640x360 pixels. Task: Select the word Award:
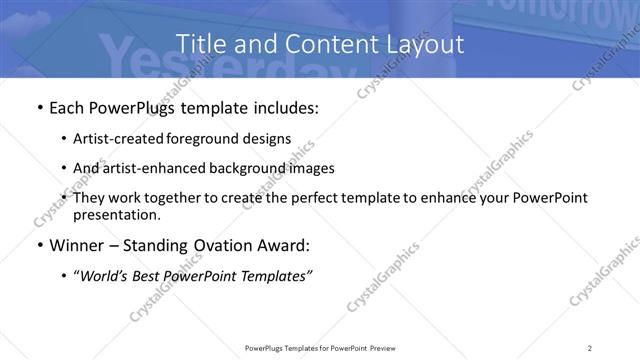point(286,246)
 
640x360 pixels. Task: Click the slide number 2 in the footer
point(590,347)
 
